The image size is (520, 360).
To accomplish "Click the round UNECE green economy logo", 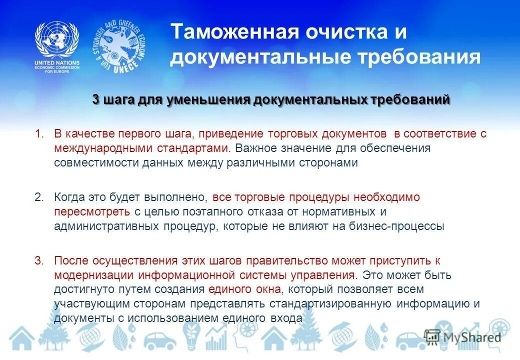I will pyautogui.click(x=119, y=48).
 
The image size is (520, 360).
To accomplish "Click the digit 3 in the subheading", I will pyautogui.click(x=96, y=99).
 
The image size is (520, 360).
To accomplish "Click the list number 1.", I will pyautogui.click(x=39, y=134).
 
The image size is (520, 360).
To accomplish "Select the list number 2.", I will pyautogui.click(x=39, y=197).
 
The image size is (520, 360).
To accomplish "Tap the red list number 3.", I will pyautogui.click(x=39, y=260).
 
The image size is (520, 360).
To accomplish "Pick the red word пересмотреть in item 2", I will pyautogui.click(x=92, y=211).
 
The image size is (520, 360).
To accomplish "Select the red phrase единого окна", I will pyautogui.click(x=240, y=289).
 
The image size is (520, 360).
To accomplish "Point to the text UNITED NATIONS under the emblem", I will pyautogui.click(x=56, y=63).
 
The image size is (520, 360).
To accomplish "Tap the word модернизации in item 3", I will pyautogui.click(x=94, y=275).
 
